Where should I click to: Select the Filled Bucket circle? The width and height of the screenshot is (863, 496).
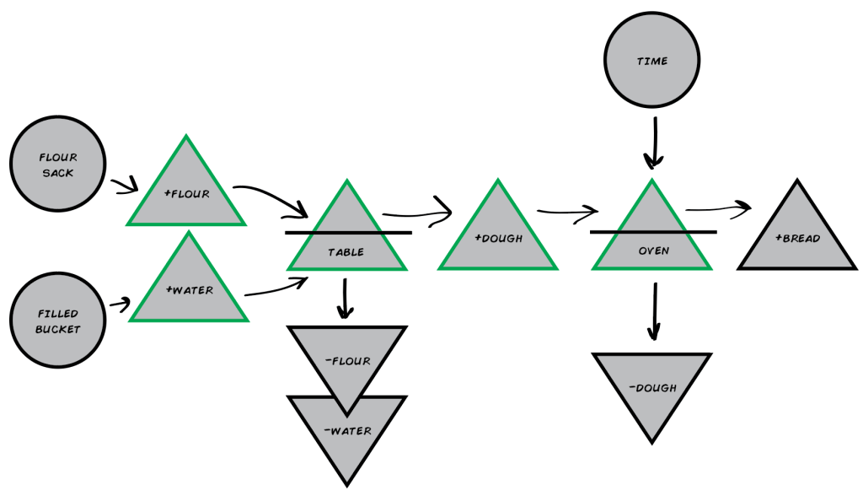pyautogui.click(x=57, y=321)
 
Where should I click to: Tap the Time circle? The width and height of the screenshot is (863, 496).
pyautogui.click(x=651, y=61)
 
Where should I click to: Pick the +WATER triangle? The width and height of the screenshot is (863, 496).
pyautogui.click(x=189, y=289)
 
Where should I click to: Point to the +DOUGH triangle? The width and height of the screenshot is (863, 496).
pyautogui.click(x=498, y=237)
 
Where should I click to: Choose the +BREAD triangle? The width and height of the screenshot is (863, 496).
pyautogui.click(x=797, y=237)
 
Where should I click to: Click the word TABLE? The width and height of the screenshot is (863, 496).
pyautogui.click(x=346, y=251)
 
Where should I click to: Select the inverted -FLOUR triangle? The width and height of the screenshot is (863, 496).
pyautogui.click(x=346, y=361)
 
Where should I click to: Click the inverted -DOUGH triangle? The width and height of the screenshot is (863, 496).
pyautogui.click(x=652, y=388)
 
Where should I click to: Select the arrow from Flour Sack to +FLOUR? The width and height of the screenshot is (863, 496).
pyautogui.click(x=124, y=183)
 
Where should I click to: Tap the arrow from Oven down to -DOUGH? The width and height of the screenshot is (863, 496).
pyautogui.click(x=653, y=310)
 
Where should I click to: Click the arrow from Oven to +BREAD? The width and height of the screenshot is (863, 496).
pyautogui.click(x=718, y=208)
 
